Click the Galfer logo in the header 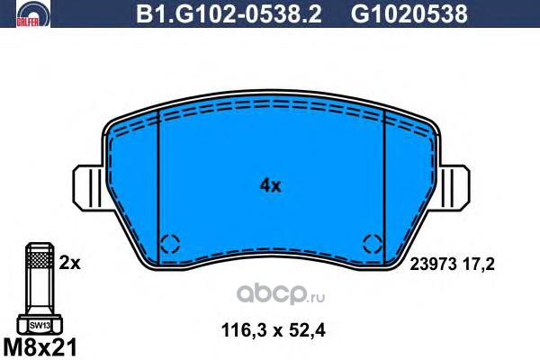click(33, 13)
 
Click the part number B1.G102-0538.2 click(229, 13)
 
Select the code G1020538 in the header click(409, 13)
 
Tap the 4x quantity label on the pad click(270, 186)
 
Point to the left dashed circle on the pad click(170, 244)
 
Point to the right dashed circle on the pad click(373, 244)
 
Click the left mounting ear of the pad click(88, 187)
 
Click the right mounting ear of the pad click(454, 187)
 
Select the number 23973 click(433, 265)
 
